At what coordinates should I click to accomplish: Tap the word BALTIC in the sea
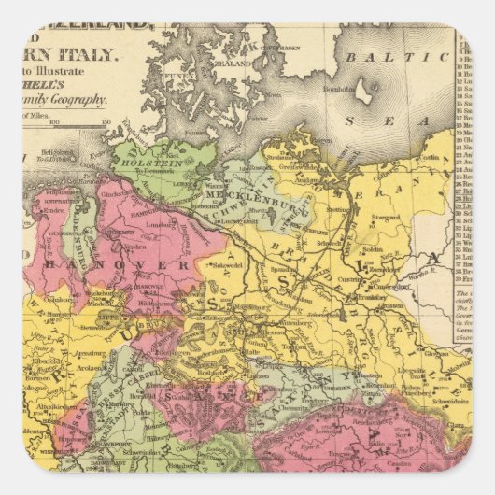click(374, 58)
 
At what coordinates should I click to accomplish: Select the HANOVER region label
click(141, 266)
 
